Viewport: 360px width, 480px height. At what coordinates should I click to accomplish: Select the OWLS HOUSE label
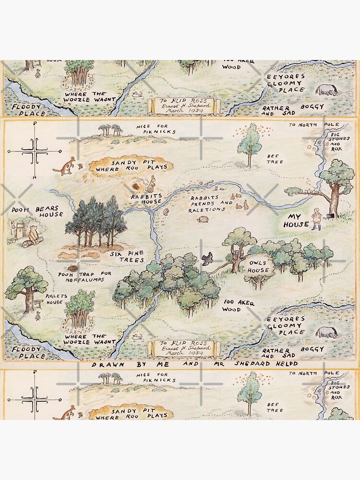click(x=258, y=266)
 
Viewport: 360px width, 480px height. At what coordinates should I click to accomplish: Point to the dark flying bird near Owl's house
click(x=207, y=259)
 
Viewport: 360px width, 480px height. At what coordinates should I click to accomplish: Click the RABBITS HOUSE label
click(x=143, y=199)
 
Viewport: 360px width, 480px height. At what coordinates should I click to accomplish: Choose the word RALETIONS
click(x=207, y=209)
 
